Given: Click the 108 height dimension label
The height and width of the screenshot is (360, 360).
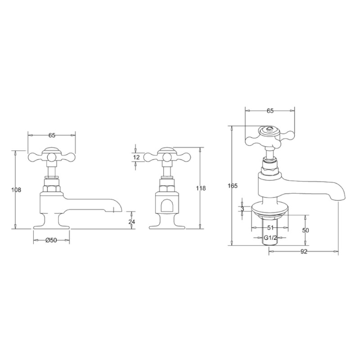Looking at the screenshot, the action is pos(16,190).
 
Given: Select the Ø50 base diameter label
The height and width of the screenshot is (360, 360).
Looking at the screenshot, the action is pos(51,240).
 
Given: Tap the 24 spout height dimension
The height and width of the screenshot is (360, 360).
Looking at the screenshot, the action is pos(132,221).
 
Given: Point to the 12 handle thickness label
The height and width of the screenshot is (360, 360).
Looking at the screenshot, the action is pos(136,157).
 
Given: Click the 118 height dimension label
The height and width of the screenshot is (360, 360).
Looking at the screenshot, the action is pos(201,188).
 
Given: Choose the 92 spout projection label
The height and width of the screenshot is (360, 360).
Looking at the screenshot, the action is pos(304,252).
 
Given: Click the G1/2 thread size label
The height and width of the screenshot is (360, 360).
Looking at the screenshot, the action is pos(270,238).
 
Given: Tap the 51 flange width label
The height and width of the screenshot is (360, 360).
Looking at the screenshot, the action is pos(270,228).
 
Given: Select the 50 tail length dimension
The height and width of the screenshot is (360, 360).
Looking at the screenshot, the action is pos(306,230).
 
